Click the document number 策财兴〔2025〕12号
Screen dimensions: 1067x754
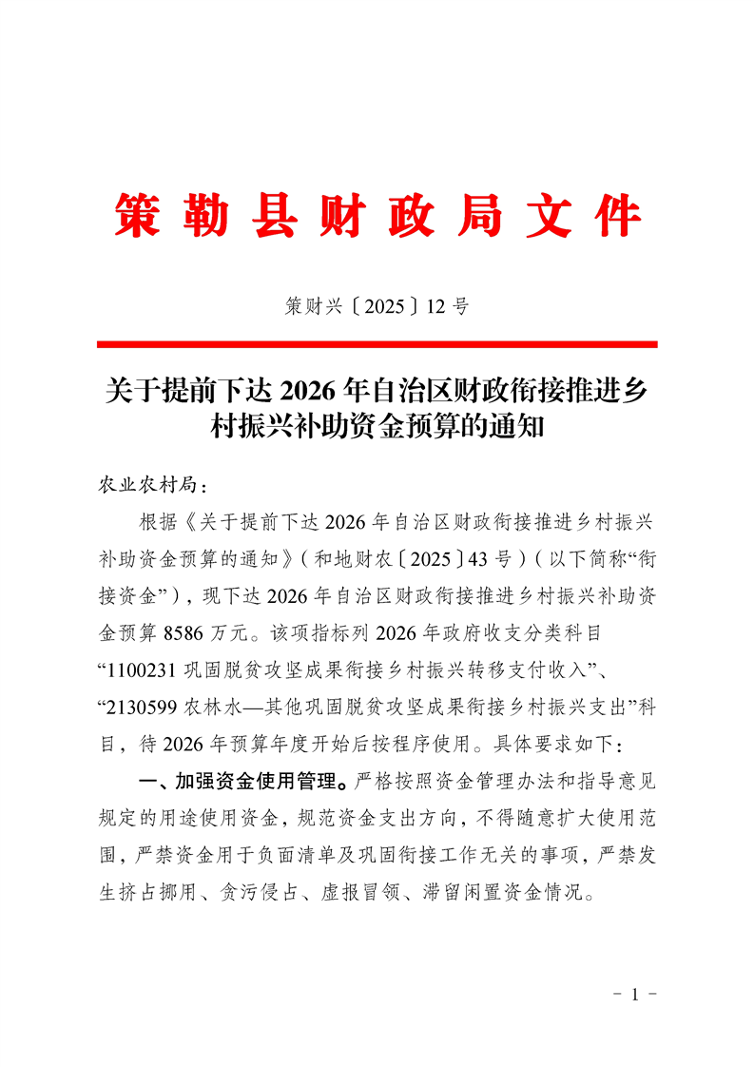pos(377,306)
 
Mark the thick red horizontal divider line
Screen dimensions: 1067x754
pos(377,344)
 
